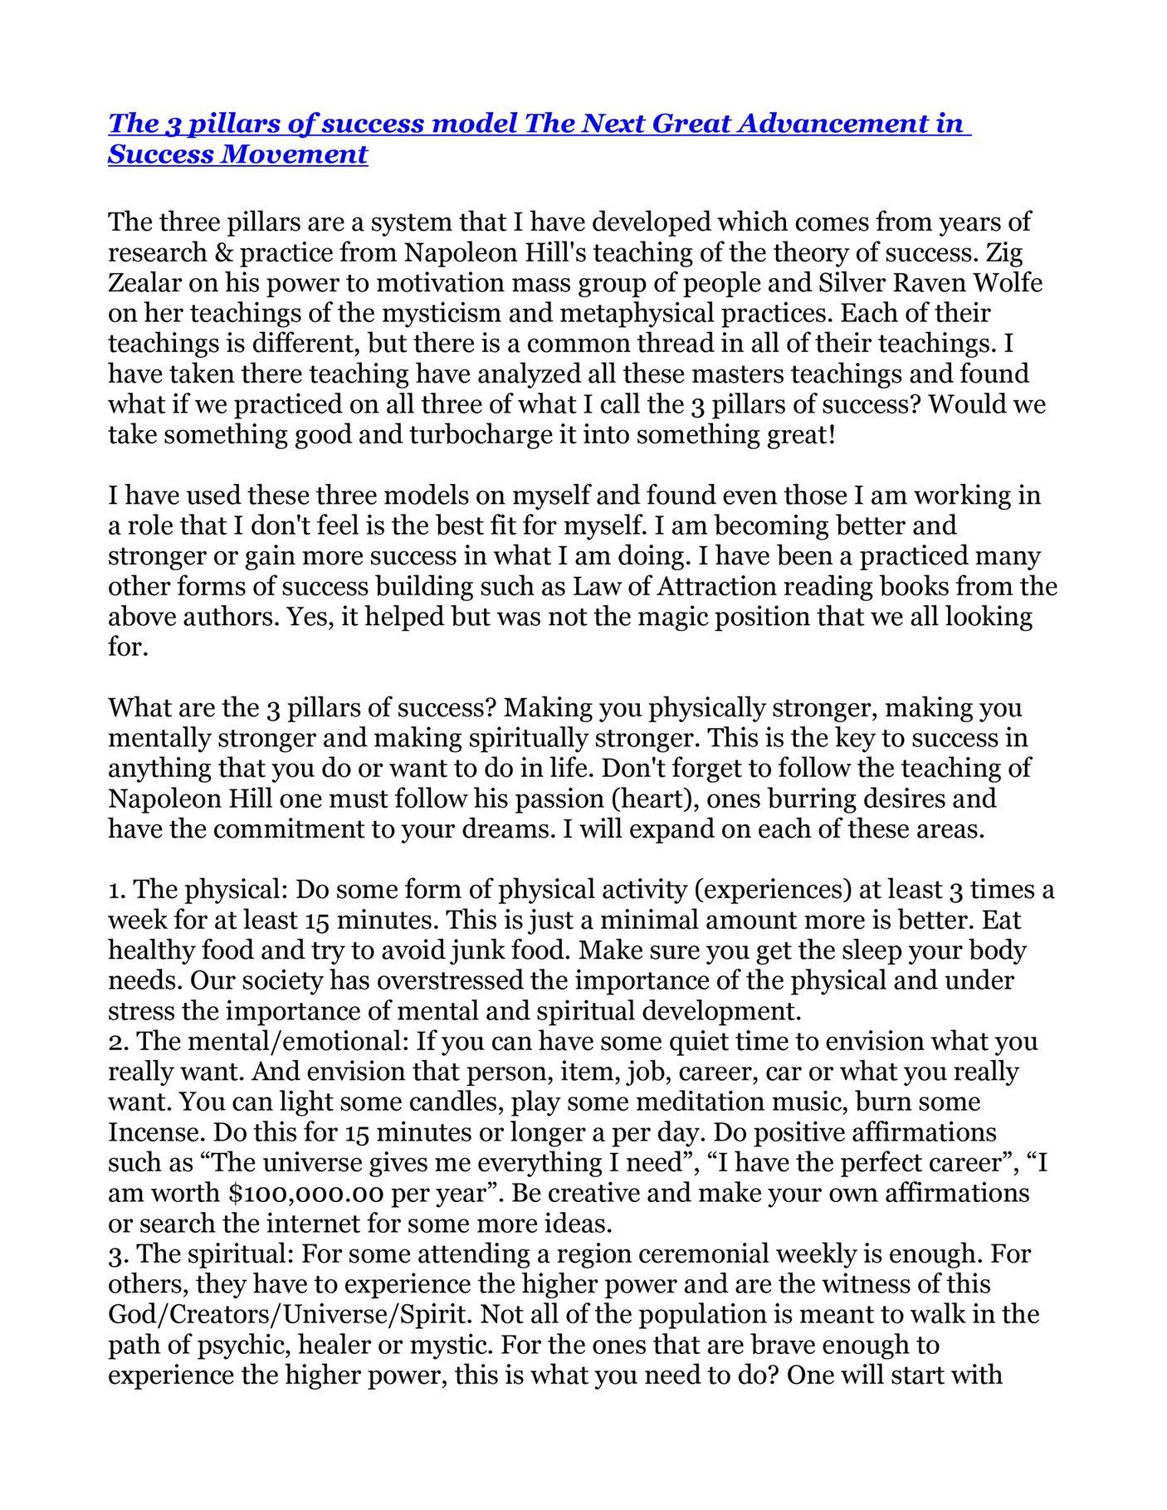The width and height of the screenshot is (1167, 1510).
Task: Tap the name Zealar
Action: pyautogui.click(x=144, y=283)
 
